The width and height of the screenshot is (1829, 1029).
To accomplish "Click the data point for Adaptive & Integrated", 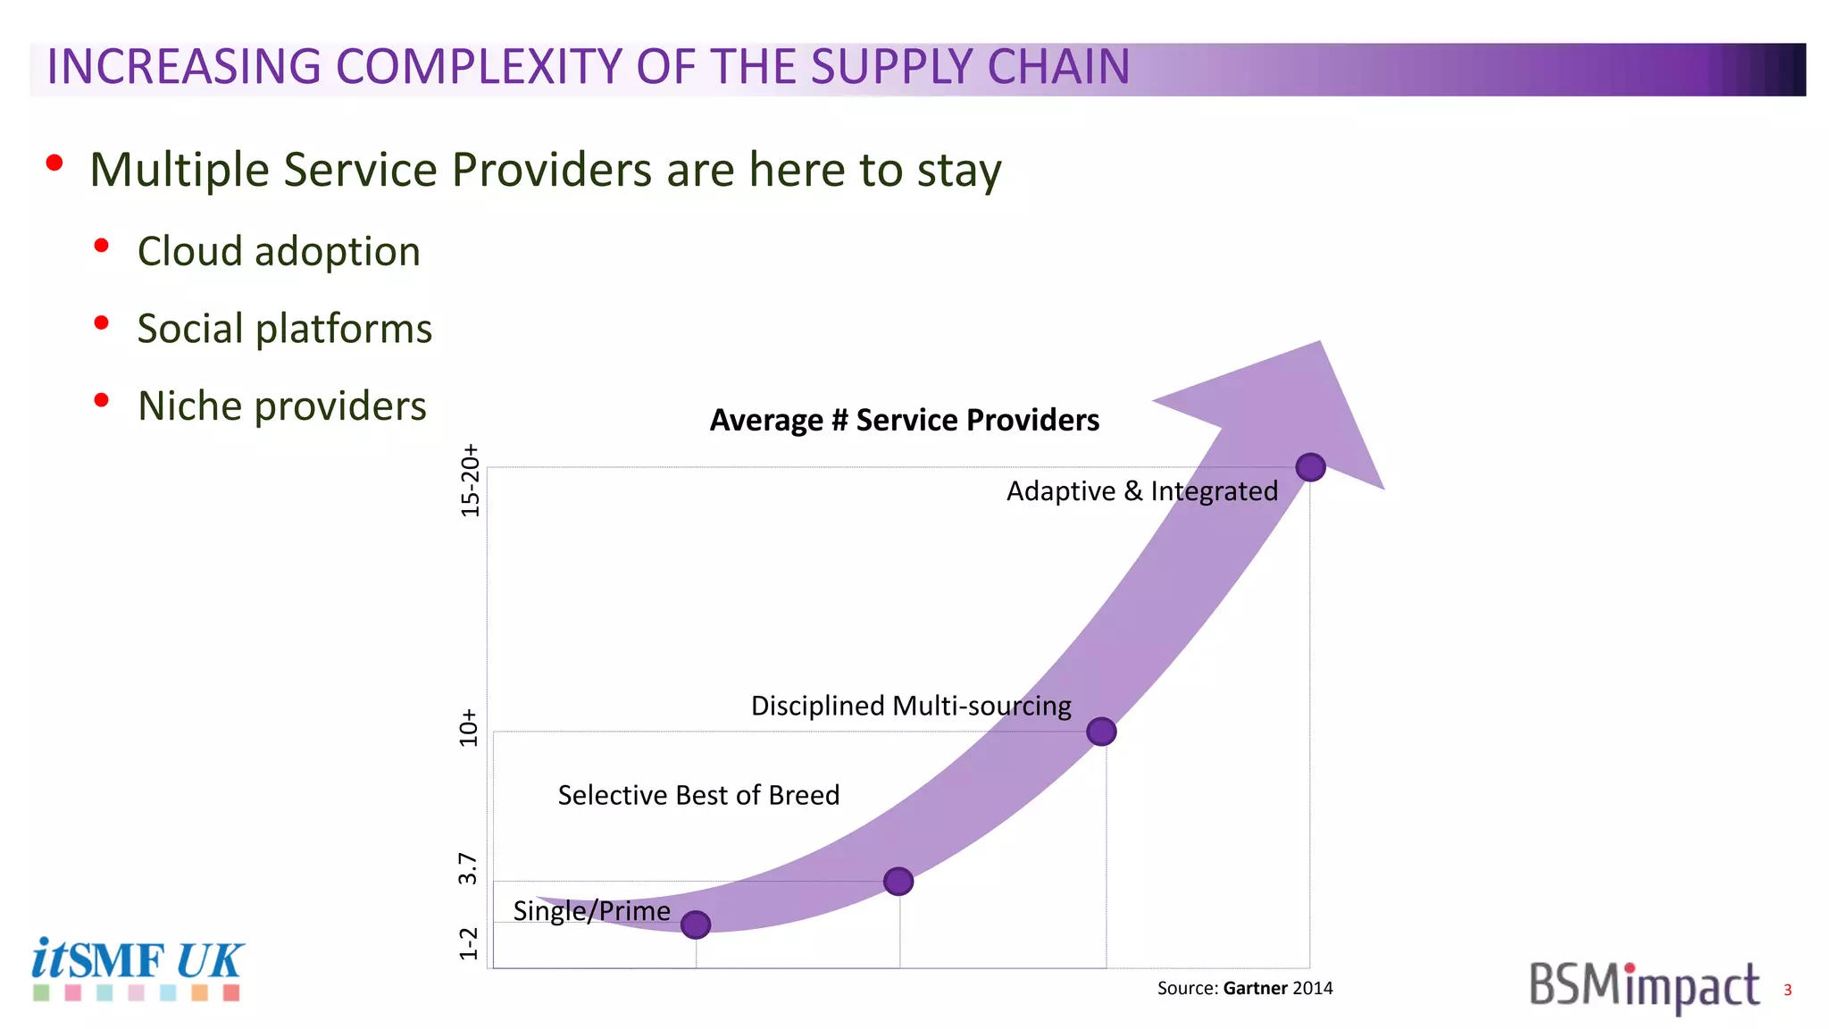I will click(x=1310, y=467).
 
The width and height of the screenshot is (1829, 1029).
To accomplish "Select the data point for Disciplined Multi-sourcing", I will click(x=1101, y=732).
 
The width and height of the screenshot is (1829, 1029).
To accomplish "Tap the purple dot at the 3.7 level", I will click(x=898, y=882).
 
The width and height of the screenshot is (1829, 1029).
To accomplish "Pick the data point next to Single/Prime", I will click(x=696, y=924).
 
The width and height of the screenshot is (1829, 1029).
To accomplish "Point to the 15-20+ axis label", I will click(x=470, y=481).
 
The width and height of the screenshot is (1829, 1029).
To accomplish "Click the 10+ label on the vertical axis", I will click(x=468, y=728).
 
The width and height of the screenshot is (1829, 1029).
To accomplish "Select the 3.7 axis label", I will click(x=468, y=868).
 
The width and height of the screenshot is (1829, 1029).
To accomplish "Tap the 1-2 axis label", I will click(x=468, y=943).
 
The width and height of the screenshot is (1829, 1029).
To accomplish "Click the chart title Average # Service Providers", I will click(x=904, y=420).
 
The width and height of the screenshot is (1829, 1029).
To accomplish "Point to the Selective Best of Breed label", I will click(x=698, y=795).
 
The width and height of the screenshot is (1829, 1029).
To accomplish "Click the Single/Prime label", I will click(x=591, y=910).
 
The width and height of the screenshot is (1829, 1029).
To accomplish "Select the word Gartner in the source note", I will click(x=1255, y=988).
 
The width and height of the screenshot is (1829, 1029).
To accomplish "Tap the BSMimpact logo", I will click(x=1644, y=986).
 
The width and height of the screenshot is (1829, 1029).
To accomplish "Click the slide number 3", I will click(x=1787, y=990).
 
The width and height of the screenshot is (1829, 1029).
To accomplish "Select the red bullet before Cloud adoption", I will click(x=102, y=246).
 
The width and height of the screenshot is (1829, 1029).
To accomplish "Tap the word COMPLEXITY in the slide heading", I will click(x=478, y=67).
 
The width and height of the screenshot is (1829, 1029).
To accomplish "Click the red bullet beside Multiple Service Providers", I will click(x=54, y=163).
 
